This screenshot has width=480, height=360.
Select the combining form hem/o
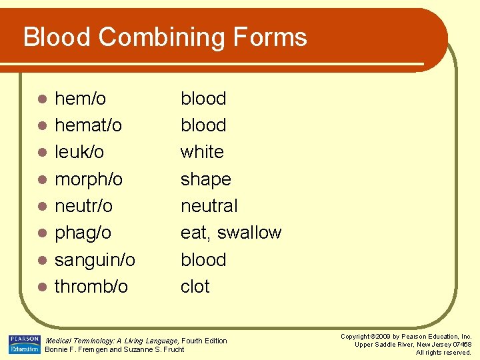[x=80, y=99]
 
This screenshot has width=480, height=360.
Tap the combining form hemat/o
[x=88, y=125]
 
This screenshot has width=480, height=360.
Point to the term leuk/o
[x=79, y=152]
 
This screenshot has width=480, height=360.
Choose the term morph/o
[x=89, y=180]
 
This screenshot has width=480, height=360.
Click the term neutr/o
[x=83, y=206]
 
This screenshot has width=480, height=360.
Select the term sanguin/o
[x=95, y=260]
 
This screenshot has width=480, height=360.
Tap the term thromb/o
[x=91, y=287]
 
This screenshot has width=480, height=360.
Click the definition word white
[x=202, y=152]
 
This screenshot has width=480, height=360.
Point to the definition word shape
[x=205, y=180]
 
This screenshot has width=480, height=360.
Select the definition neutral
[x=209, y=206]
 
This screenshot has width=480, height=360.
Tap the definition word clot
[x=195, y=287]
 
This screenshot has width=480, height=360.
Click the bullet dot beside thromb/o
[x=41, y=287]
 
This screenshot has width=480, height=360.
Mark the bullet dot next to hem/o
[x=41, y=99]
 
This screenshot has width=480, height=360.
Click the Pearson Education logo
[x=24, y=344]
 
